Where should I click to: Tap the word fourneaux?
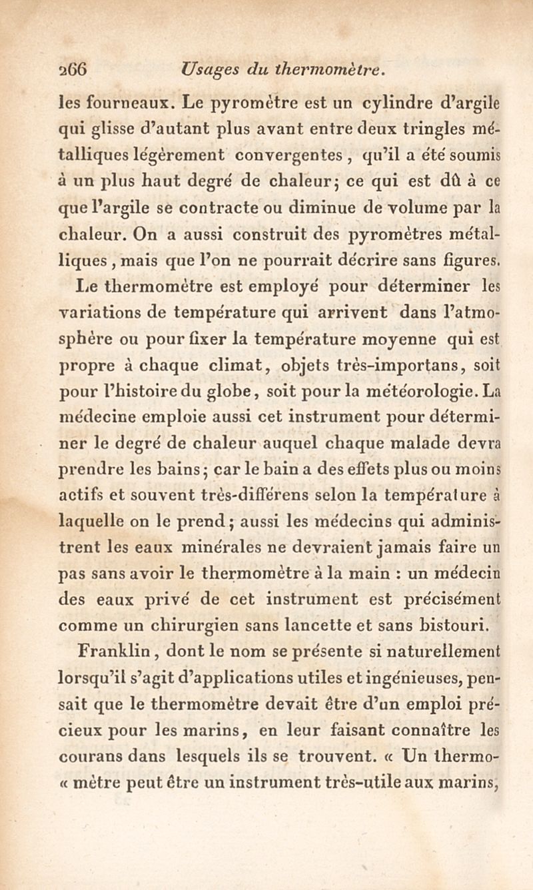coord(120,103)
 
